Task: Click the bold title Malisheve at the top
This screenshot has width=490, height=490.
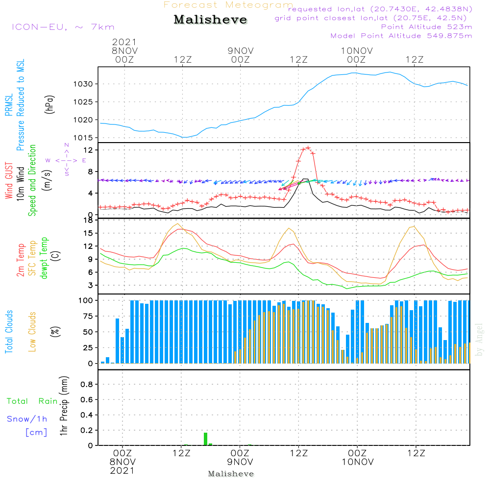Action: [210, 20]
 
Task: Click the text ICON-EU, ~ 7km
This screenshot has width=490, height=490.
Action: [63, 27]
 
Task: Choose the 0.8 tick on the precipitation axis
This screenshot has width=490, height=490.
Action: [87, 385]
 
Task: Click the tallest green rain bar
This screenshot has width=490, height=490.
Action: [206, 439]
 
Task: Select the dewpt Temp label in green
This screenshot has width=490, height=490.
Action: [45, 258]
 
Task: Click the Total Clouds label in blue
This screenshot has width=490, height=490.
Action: [9, 332]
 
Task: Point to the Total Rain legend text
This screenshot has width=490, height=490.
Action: [32, 401]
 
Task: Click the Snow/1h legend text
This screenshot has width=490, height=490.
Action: [27, 419]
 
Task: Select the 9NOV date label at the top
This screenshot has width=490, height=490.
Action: [241, 50]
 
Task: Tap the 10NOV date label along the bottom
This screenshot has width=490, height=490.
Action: [358, 462]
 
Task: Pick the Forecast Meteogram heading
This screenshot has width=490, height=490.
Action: [228, 5]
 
